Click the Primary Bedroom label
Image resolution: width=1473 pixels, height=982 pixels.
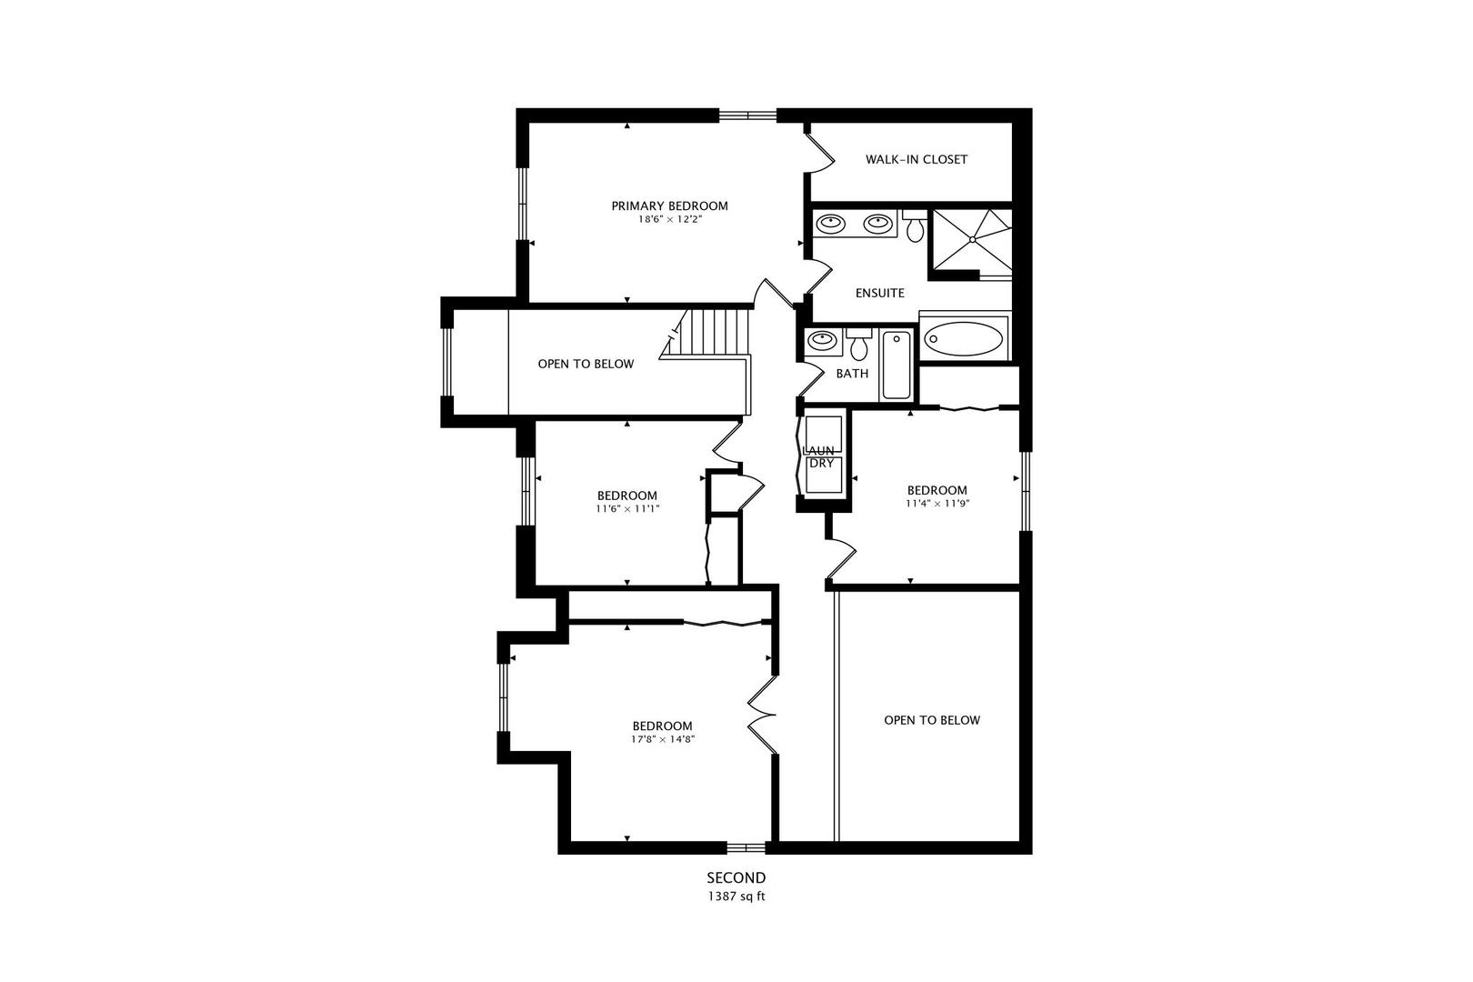point(669,205)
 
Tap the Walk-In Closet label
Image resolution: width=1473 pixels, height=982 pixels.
point(916,159)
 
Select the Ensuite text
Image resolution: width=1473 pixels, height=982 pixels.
point(879,293)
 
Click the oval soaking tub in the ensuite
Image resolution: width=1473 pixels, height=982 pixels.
point(964,339)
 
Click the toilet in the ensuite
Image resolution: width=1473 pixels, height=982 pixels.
point(915,226)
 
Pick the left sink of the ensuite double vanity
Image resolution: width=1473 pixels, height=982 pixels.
point(828,223)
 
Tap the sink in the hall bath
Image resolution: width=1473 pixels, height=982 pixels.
point(823,340)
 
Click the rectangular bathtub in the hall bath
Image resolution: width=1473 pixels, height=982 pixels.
point(897,365)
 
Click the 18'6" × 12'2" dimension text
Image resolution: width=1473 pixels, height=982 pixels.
point(669,219)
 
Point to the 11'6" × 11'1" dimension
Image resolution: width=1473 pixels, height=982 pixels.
point(627,509)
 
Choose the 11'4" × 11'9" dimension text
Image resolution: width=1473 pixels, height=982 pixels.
point(937,503)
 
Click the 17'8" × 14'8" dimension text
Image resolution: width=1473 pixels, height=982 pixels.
point(663,739)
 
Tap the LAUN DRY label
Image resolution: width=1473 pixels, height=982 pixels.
point(821,456)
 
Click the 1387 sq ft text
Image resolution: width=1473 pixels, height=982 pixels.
point(736,896)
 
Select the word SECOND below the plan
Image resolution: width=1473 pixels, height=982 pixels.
point(736,877)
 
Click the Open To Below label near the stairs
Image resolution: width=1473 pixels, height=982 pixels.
point(586,364)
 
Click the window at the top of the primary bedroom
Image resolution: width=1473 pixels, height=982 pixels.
point(747,115)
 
